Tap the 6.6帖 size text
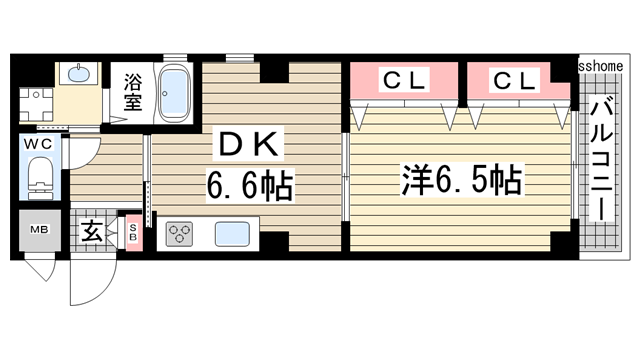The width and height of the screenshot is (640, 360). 250,186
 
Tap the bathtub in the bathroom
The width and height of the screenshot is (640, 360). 176,92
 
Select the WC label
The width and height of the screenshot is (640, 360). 39,143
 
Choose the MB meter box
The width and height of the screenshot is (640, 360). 37,232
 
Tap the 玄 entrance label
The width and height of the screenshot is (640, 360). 91,233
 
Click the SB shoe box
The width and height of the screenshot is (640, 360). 133,233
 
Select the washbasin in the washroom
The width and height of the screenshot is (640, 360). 77,75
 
